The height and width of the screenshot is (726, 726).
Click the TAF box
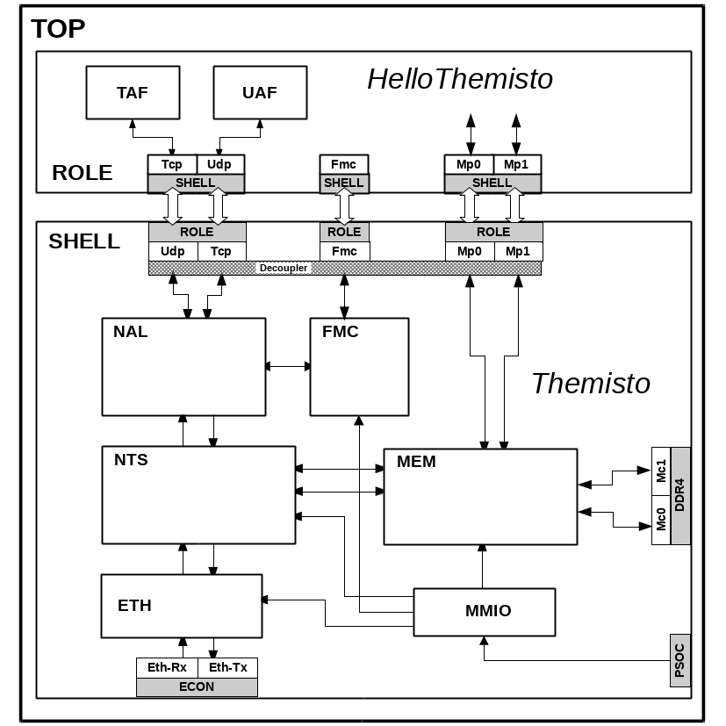[x=133, y=92]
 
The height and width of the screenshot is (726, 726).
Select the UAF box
[x=260, y=92]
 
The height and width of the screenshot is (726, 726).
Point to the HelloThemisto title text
[x=460, y=79]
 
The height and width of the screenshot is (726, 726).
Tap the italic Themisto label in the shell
[x=590, y=384]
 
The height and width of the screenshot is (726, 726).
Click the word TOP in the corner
[x=58, y=29]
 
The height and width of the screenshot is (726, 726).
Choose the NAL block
[x=183, y=366]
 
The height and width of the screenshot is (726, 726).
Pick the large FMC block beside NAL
[x=359, y=366]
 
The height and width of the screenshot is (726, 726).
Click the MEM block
[x=480, y=497]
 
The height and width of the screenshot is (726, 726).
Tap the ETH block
[x=181, y=606]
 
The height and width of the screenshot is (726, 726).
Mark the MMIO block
[x=485, y=611]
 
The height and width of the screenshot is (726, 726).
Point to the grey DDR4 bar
[x=680, y=495]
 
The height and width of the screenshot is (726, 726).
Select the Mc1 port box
[x=661, y=471]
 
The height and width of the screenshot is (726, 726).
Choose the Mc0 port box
[x=661, y=520]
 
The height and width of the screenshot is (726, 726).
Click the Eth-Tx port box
[x=228, y=667]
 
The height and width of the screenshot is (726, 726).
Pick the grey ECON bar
[x=197, y=686]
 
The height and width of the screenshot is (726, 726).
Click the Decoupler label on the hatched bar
[x=283, y=268]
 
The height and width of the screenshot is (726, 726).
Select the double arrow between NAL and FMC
[x=288, y=365]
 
